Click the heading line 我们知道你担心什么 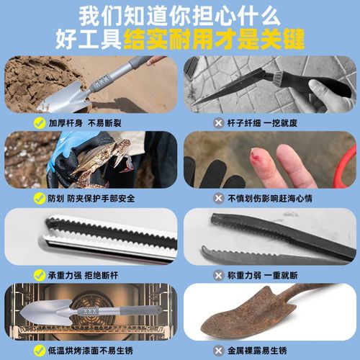(179, 15)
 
